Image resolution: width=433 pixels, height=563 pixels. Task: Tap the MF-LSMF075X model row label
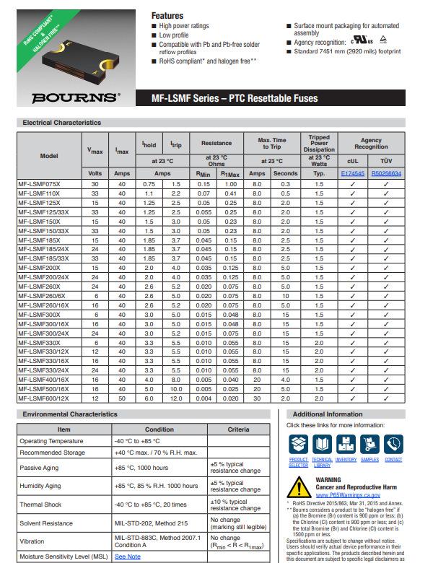point(40,185)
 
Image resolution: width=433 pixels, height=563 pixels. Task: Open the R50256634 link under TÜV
point(386,174)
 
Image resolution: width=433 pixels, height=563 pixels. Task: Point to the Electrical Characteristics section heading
point(62,123)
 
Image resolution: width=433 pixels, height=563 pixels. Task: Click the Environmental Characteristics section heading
point(70,414)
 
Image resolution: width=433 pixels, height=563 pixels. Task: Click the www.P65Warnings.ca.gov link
point(348,496)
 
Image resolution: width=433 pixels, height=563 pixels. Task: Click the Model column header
point(49,155)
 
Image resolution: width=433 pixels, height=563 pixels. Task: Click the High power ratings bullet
point(184,26)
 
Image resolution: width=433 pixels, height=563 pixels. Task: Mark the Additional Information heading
point(326,414)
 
